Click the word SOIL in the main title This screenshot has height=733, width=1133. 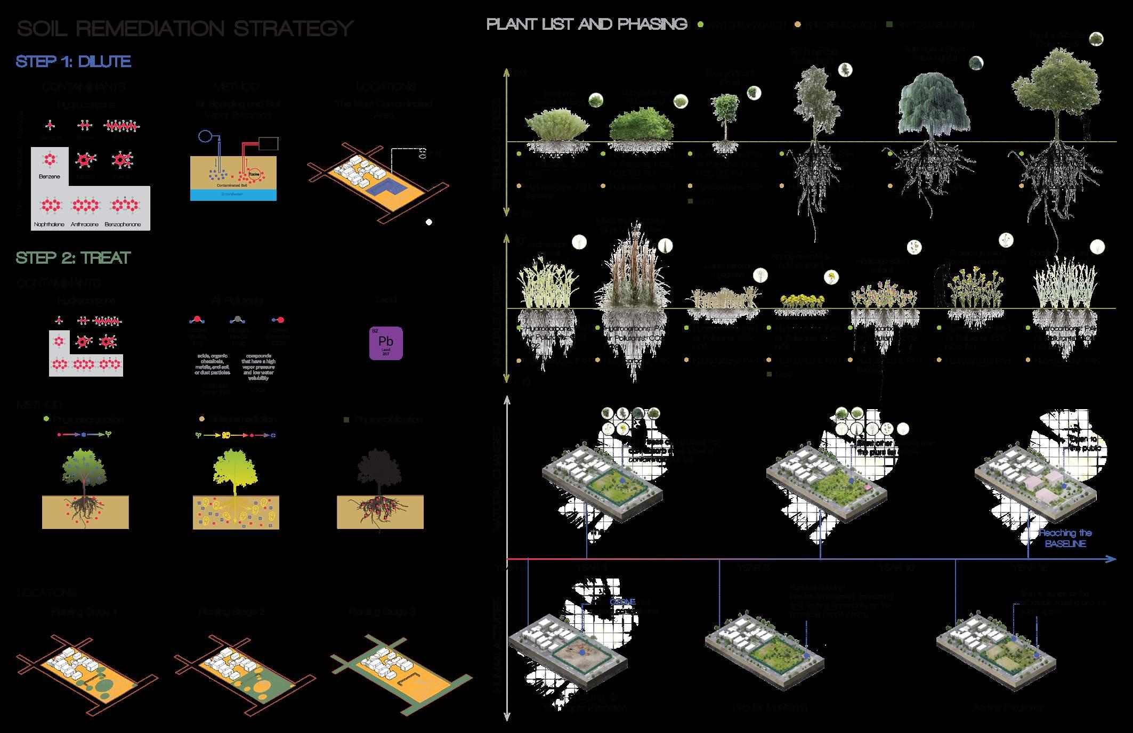click(42, 28)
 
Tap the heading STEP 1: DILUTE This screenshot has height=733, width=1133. click(74, 62)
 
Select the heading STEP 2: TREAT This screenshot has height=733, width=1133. click(73, 258)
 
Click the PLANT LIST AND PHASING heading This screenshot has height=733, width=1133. click(587, 25)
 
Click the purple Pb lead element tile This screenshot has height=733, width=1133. click(386, 343)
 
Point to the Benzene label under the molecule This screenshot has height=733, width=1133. click(50, 176)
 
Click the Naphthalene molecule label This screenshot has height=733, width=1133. click(49, 224)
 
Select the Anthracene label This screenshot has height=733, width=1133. click(85, 224)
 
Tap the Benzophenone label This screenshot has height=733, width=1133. click(123, 224)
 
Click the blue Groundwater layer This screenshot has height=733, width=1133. click(233, 195)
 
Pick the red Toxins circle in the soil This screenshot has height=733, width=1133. click(254, 174)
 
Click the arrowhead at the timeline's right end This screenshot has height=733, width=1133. click(1111, 559)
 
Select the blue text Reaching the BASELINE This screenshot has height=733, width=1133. click(1065, 538)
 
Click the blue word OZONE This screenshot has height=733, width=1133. click(622, 601)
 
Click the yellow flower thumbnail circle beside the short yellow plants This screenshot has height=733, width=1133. click(831, 277)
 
